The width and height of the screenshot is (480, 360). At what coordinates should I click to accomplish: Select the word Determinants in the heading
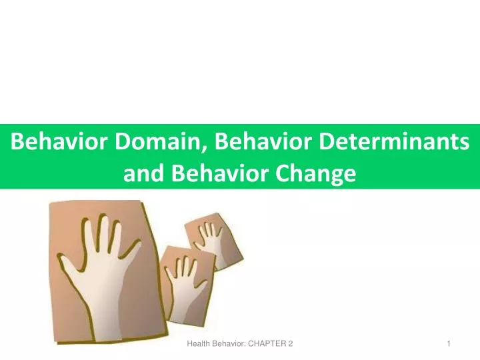pos(394,141)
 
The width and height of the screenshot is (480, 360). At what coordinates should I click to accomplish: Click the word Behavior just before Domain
pos(59,141)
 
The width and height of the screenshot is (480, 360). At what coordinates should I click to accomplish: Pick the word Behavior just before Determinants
pos(263,141)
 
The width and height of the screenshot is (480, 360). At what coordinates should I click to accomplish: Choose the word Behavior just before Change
pos(219,173)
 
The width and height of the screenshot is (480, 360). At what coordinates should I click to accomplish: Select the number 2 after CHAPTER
pos(291,344)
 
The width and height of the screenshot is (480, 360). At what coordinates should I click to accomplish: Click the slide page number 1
pos(449,344)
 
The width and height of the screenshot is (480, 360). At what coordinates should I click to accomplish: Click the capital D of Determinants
pos(326,141)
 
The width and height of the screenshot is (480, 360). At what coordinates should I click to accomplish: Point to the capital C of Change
pos(281,173)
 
